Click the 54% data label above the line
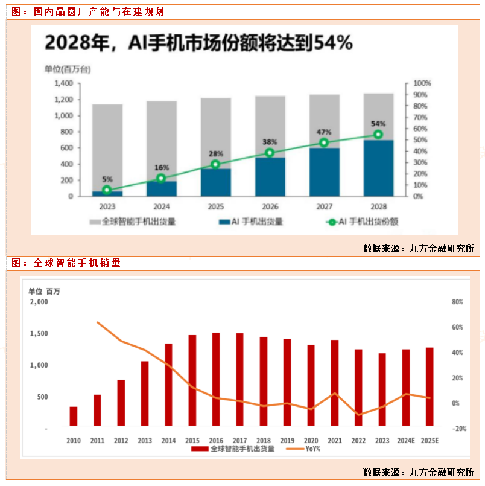pos(378,124)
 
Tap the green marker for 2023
pos(107,190)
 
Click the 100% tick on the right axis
pos(422,83)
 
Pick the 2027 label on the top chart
pos(324,206)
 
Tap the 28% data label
pos(216,154)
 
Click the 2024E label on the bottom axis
pos(405,441)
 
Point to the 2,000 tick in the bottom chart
pos(37,302)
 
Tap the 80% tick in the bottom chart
pos(457,302)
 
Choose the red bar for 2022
pos(358,388)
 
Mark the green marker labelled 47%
pos(324,142)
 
